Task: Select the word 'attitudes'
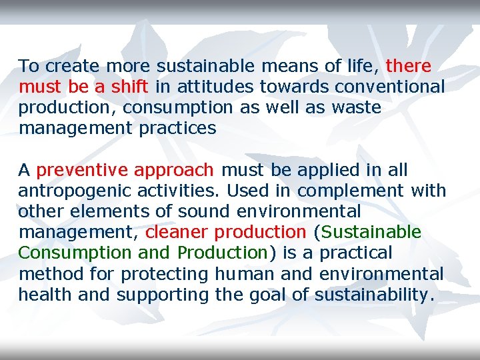click(x=213, y=87)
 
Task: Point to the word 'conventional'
click(x=389, y=87)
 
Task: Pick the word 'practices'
click(x=177, y=128)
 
